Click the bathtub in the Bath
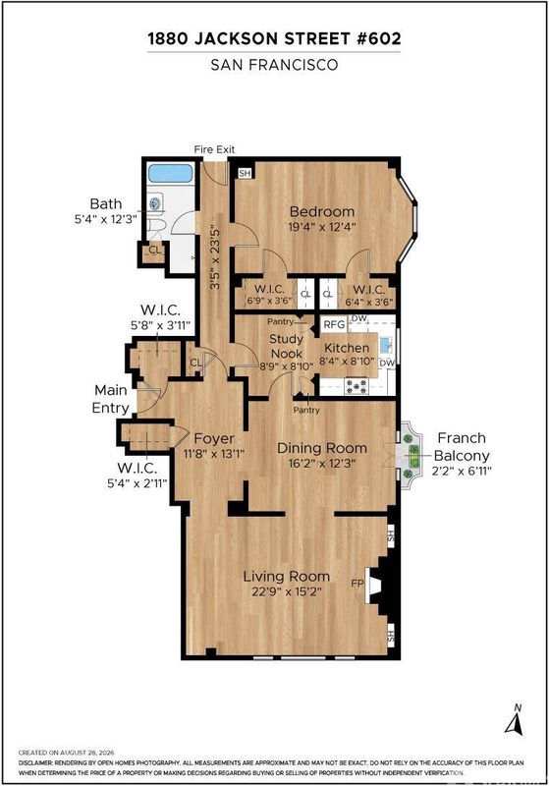click(171, 174)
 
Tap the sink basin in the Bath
click(157, 203)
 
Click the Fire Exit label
click(214, 149)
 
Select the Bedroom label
click(322, 211)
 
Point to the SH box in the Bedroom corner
click(245, 174)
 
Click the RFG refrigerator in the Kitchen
click(334, 324)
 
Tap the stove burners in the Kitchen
click(357, 386)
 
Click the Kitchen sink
click(386, 345)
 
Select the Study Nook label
click(287, 346)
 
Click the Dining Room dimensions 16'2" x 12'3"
click(322, 463)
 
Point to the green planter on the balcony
click(413, 455)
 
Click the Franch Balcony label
click(462, 447)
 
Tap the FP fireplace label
click(357, 583)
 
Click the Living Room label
click(287, 576)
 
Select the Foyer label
click(214, 438)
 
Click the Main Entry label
click(111, 399)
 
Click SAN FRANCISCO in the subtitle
click(275, 65)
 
